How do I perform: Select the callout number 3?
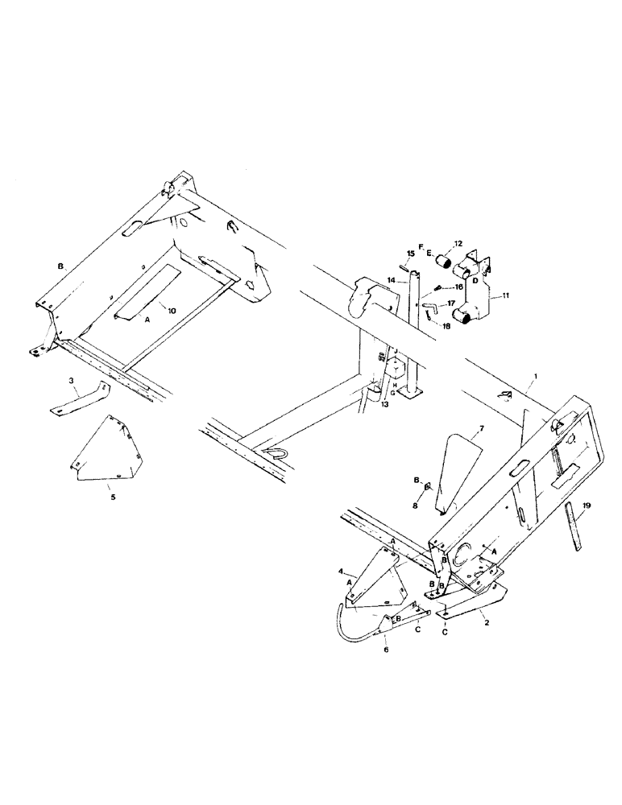72,379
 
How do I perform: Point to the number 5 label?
113,497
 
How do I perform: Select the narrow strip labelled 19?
575,526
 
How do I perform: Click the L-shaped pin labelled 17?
431,309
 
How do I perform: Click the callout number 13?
385,405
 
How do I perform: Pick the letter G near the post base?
394,393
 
